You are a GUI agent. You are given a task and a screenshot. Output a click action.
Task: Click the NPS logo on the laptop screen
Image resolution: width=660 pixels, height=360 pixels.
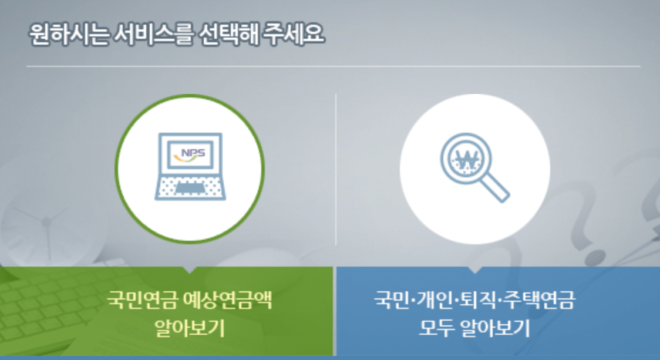click(x=190, y=154)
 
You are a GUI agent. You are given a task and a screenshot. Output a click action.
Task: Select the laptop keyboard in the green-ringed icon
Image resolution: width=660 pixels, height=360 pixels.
click(x=190, y=186)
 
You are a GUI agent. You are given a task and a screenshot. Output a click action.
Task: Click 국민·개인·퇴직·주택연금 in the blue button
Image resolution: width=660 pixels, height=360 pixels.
click(x=475, y=300)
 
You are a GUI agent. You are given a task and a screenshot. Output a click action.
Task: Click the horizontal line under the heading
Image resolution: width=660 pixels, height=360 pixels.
click(x=333, y=66)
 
